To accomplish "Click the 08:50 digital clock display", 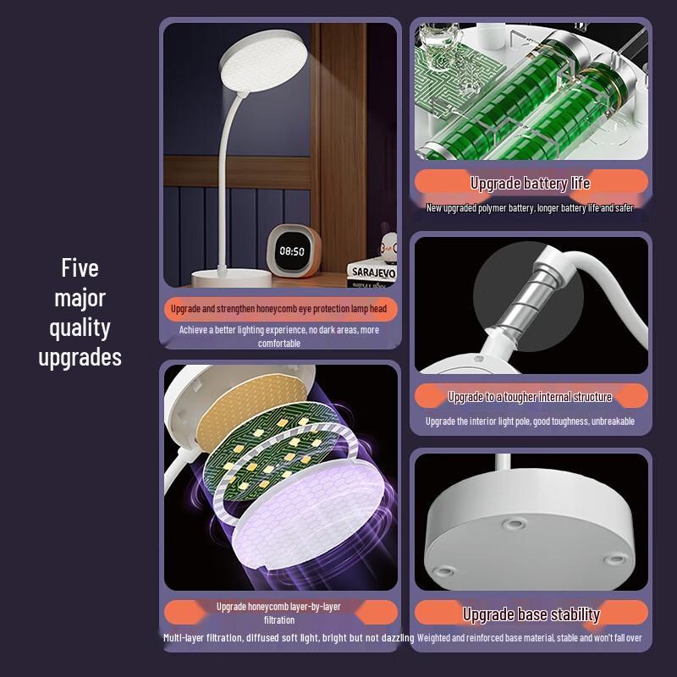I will click(292, 251).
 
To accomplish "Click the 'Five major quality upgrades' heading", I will click(80, 313).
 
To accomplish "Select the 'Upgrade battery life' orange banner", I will click(531, 183).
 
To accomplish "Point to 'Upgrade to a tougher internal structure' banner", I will click(531, 396).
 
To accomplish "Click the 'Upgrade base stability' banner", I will click(531, 614).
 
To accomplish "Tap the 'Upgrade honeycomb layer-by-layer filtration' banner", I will click(279, 613).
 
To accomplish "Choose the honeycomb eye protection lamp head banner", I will click(279, 309).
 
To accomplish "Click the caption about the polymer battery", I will click(531, 208).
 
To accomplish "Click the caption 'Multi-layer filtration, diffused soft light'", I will click(288, 638).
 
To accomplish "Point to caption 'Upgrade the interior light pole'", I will click(531, 421).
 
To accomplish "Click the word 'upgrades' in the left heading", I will click(80, 357).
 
